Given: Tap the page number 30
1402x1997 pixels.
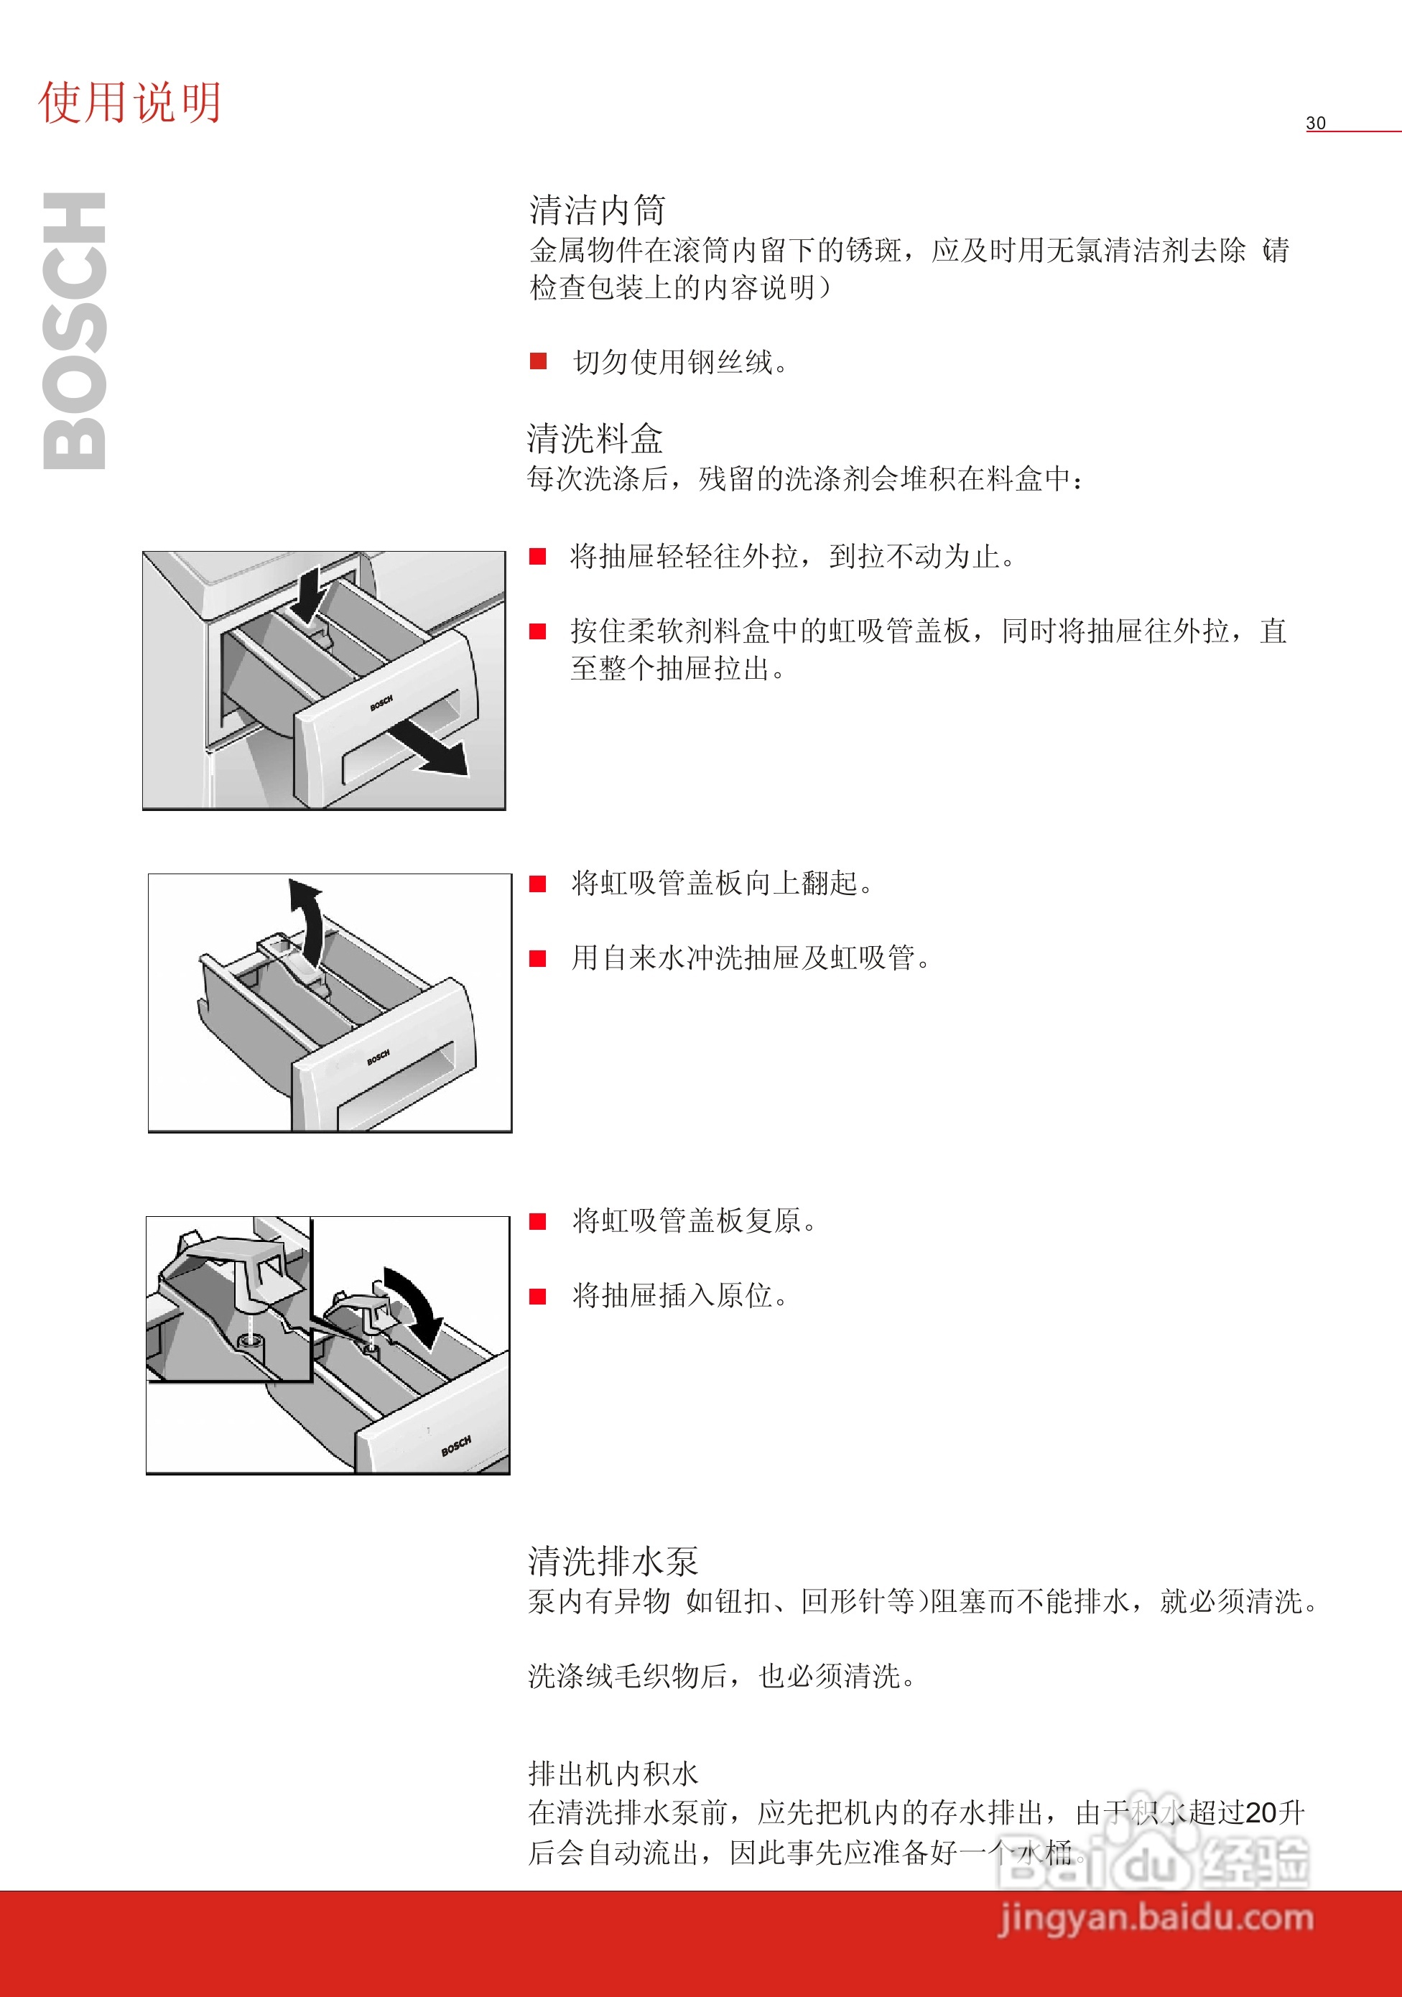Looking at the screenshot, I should [x=1315, y=123].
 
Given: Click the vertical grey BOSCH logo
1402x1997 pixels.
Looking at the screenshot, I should [x=75, y=330].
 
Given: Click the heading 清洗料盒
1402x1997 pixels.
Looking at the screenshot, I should [x=595, y=438].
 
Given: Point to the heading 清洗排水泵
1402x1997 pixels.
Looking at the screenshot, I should [x=613, y=1561].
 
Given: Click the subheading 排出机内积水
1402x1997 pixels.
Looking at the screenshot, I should [x=613, y=1774].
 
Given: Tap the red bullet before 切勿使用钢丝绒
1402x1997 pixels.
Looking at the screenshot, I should [x=539, y=361].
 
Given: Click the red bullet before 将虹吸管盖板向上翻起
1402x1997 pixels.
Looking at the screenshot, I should [x=539, y=884].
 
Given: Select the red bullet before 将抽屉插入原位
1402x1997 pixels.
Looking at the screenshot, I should [x=539, y=1296].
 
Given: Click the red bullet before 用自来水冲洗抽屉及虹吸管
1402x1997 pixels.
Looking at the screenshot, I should [x=539, y=958].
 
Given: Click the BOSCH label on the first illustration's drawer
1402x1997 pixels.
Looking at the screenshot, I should [x=381, y=702].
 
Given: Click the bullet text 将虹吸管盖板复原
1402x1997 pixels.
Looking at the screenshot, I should [x=694, y=1221].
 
